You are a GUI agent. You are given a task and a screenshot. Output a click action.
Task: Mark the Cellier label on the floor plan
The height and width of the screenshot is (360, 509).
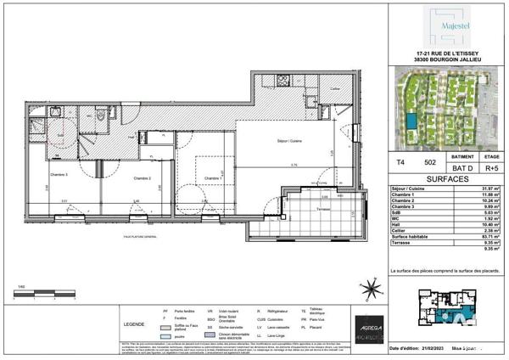[334, 88]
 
